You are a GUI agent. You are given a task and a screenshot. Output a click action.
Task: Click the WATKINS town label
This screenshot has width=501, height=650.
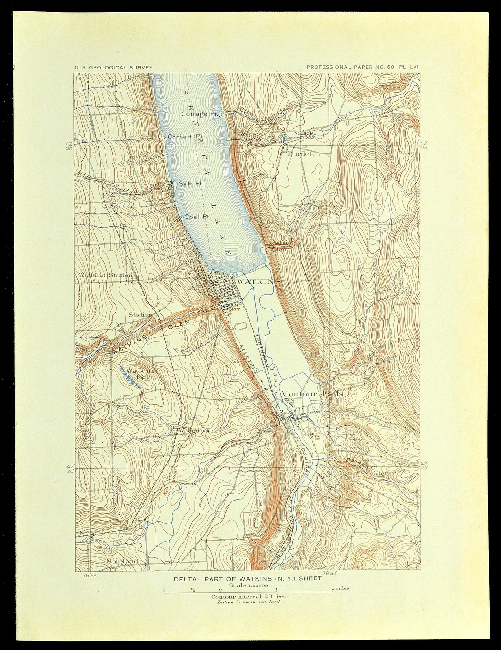point(258,281)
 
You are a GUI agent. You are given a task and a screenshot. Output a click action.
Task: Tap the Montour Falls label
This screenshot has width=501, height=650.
point(312,394)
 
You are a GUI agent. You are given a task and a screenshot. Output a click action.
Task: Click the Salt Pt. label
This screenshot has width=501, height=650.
point(190,184)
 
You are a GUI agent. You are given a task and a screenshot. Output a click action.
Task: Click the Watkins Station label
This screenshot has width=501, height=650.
point(105,276)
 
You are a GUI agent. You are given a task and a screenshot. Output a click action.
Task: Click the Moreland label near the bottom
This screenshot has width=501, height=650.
point(122,561)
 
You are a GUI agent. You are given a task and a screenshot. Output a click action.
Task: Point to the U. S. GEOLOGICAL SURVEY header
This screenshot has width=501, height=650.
point(113,67)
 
